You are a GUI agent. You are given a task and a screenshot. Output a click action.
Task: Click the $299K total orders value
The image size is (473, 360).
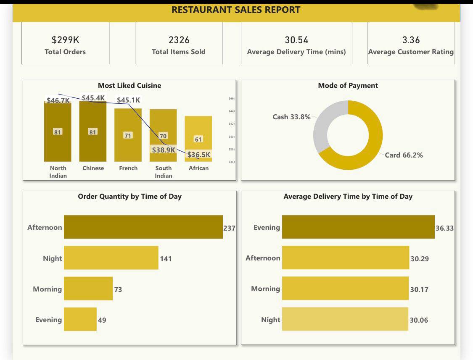tap(65, 40)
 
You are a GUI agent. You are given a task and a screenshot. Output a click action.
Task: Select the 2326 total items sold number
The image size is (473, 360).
tap(179, 40)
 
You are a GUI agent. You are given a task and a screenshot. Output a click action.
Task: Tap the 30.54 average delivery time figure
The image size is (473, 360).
tap(296, 40)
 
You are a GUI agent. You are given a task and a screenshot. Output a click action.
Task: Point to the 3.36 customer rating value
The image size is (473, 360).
tap(411, 40)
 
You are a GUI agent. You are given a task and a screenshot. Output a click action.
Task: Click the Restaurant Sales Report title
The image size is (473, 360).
tap(236, 10)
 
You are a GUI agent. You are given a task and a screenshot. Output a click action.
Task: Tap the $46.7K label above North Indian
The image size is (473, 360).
tap(58, 100)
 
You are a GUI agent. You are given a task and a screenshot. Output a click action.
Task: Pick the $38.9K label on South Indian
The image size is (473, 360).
tap(164, 150)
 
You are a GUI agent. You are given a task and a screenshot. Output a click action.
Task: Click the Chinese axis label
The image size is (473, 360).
tap(93, 168)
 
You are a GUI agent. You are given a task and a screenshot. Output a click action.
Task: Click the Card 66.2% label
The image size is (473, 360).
tap(404, 155)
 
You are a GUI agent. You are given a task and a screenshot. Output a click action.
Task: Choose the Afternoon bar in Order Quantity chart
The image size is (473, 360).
tap(143, 227)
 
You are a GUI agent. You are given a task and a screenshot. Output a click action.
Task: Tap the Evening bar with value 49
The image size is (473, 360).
tap(80, 320)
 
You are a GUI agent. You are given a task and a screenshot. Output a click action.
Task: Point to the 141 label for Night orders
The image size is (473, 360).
tap(166, 259)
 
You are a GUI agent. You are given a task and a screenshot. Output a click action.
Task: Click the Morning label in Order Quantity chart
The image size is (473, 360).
tap(47, 289)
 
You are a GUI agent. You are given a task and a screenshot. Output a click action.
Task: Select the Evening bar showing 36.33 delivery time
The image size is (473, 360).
tap(358, 227)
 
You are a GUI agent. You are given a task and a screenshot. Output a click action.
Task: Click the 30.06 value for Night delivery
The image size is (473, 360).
tap(419, 320)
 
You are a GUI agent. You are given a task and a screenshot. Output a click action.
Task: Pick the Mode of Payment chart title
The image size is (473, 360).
tap(348, 86)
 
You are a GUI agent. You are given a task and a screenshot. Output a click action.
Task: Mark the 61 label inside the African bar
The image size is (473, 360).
tap(198, 139)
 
